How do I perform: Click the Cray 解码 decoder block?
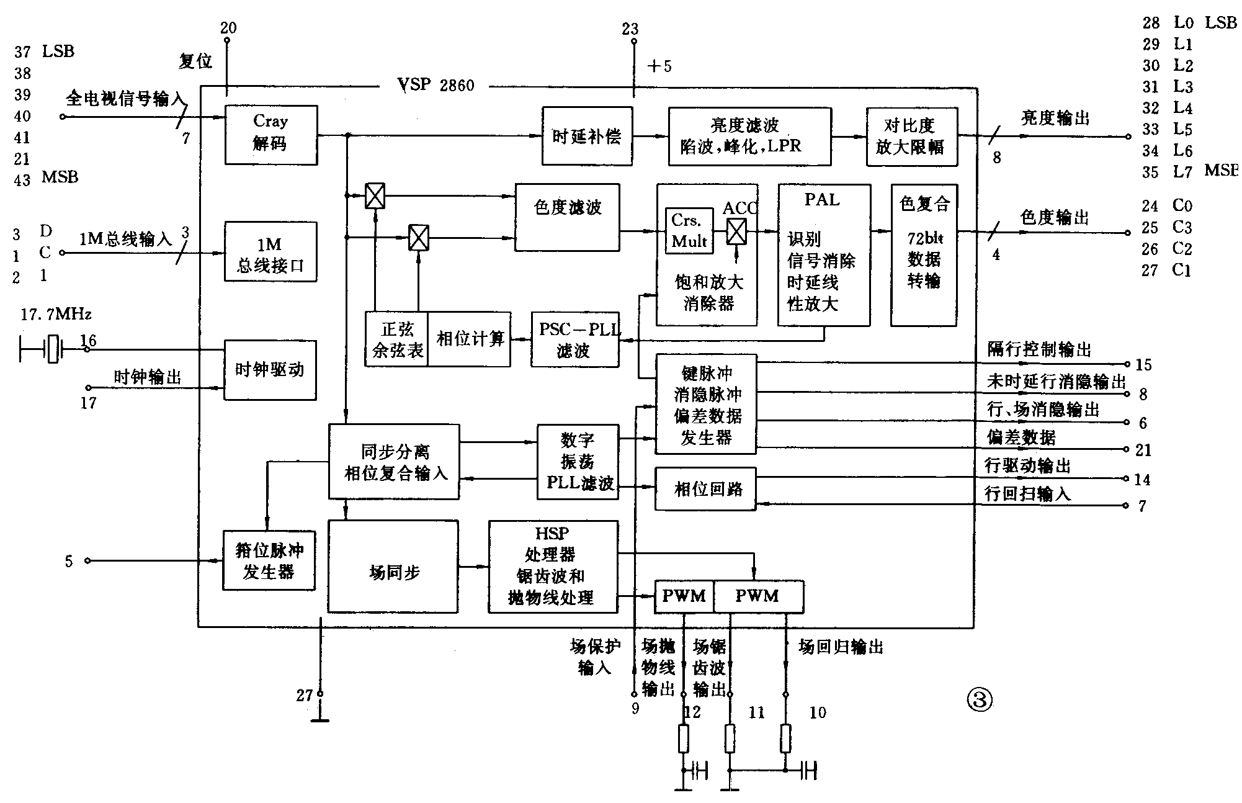point(270,135)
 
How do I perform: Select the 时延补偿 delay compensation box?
point(587,136)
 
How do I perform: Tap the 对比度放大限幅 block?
point(911,136)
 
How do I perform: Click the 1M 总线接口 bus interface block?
point(270,251)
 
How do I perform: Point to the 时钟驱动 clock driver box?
point(270,370)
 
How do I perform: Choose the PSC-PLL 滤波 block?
point(575,339)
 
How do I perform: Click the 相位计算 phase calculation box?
point(470,339)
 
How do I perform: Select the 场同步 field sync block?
point(393,567)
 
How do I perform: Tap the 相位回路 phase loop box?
point(706,489)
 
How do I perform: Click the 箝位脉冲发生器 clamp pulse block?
point(269,560)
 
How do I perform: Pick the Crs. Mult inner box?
point(689,231)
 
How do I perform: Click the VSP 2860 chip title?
point(436,85)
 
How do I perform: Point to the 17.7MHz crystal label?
point(56,315)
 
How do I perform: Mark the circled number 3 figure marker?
point(979,700)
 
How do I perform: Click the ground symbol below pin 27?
point(320,719)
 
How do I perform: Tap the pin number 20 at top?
point(228,27)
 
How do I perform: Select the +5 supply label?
point(659,66)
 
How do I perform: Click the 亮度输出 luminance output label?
point(1055,118)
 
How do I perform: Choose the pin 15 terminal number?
point(1143,365)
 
